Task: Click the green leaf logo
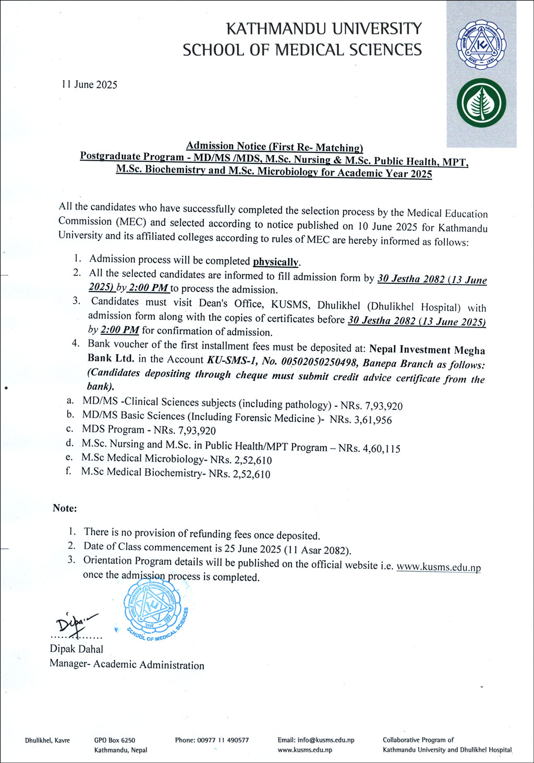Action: click(x=481, y=103)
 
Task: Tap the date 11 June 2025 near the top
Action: click(x=89, y=84)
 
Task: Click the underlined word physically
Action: click(x=276, y=262)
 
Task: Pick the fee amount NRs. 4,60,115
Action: click(x=369, y=449)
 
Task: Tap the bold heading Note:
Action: click(x=65, y=508)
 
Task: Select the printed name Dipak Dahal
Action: click(x=77, y=649)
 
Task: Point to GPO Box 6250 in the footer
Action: click(x=115, y=740)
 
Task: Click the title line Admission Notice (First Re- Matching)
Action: click(x=274, y=147)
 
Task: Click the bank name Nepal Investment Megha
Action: click(x=427, y=350)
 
